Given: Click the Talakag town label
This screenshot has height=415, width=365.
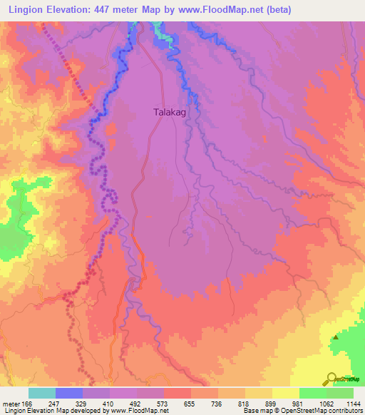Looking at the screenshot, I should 173,112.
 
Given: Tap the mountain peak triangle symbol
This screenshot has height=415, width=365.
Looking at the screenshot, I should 336,336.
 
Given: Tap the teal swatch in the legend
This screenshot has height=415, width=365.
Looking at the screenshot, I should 42,393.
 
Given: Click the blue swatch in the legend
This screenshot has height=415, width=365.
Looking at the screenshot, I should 69,393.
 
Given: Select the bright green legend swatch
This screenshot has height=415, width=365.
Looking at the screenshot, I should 312,393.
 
